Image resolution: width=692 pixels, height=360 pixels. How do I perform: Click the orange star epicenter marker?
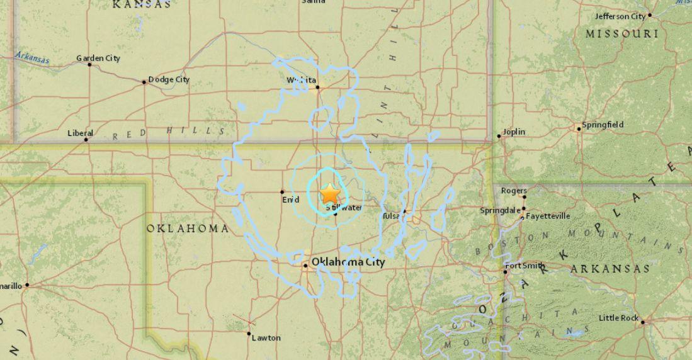[x=330, y=193]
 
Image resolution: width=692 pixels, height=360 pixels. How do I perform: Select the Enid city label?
[x=290, y=200]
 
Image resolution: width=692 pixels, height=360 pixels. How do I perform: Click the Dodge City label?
[x=168, y=80]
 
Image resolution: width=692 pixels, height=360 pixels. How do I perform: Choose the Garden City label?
[x=98, y=59]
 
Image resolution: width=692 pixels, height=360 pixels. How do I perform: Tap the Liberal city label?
[x=80, y=133]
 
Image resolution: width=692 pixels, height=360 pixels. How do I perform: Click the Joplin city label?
[x=513, y=133]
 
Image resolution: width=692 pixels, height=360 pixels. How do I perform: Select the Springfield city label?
[x=603, y=125]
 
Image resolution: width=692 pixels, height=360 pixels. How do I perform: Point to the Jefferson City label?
[x=620, y=16]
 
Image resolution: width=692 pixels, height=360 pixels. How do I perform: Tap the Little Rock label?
[x=618, y=318]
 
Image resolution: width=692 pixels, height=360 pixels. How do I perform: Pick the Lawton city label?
[x=266, y=338]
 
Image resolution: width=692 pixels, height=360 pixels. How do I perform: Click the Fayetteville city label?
[x=548, y=216]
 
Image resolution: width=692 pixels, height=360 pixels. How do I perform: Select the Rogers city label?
[x=514, y=191]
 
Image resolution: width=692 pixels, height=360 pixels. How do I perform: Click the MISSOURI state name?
[x=622, y=34]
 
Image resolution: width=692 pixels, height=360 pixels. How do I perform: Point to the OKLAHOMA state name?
[x=188, y=228]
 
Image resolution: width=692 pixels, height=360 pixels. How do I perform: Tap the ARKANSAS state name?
[x=610, y=269]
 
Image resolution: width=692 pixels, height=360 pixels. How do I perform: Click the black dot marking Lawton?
[x=249, y=334]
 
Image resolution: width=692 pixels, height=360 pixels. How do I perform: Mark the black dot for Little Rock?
[x=643, y=322]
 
